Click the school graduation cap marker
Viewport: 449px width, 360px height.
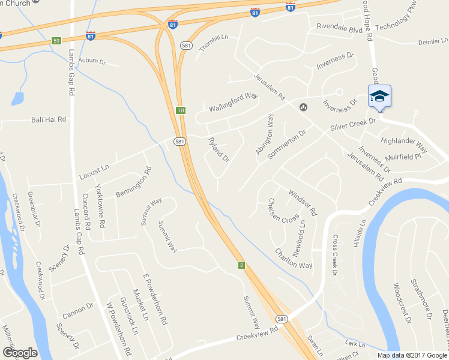(379, 96)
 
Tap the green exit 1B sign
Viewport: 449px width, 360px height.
(180, 110)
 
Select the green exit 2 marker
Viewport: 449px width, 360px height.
(241, 265)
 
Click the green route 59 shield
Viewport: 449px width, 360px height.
(56, 41)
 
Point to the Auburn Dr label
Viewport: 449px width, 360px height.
(91, 61)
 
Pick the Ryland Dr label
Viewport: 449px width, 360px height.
(218, 150)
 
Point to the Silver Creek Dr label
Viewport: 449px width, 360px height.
(352, 125)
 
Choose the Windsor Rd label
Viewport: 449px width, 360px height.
(302, 202)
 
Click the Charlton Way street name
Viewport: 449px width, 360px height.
(294, 259)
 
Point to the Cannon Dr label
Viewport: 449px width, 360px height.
(78, 310)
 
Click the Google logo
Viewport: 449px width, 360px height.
(20, 353)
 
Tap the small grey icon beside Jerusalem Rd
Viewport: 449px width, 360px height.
(303, 107)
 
